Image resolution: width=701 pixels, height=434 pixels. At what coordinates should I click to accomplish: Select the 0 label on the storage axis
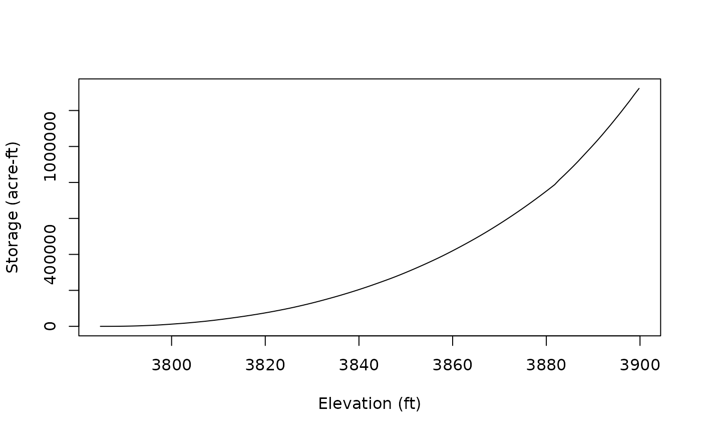[50, 326]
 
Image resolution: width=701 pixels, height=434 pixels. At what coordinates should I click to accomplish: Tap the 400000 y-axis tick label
[50, 254]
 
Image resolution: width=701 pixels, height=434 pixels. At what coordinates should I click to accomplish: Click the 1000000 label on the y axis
[50, 146]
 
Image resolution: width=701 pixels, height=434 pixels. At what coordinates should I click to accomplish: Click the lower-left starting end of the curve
[101, 326]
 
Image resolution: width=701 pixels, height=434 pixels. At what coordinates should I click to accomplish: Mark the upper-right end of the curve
[639, 88]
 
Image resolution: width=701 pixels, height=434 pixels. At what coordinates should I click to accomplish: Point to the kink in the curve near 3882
[555, 184]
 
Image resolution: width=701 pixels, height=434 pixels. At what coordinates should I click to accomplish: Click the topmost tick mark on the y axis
[74, 110]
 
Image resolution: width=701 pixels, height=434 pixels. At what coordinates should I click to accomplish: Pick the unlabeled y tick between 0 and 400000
[74, 290]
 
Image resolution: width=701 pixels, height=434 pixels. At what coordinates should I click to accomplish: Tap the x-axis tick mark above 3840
[359, 340]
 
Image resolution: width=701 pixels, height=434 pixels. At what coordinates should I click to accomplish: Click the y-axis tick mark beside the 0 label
[74, 326]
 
